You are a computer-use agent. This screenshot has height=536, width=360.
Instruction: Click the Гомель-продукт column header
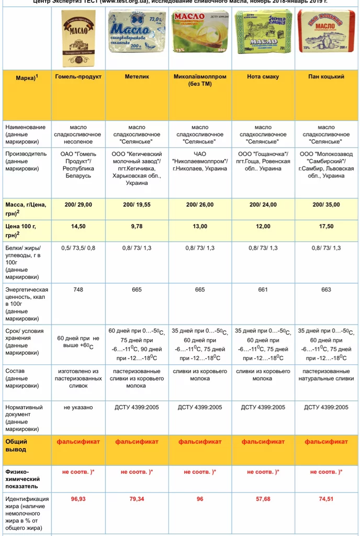click(78, 76)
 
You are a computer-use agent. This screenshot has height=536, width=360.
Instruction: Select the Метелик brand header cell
click(137, 76)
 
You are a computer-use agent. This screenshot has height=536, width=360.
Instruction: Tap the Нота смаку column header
click(263, 76)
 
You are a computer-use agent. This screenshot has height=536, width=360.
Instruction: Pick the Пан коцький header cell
click(326, 76)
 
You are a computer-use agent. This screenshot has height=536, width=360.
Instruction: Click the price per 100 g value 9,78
click(137, 227)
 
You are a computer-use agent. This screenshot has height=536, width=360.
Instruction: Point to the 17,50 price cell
click(326, 227)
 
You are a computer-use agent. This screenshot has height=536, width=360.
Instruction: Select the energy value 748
click(78, 290)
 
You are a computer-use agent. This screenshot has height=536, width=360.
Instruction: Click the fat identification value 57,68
click(263, 499)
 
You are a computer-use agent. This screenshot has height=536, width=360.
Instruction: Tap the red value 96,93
click(78, 499)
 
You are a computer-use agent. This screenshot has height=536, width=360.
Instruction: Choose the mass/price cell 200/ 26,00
click(199, 205)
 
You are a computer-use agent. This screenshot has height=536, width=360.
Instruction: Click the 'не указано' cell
click(78, 407)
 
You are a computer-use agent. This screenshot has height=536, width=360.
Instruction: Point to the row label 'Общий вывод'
click(16, 445)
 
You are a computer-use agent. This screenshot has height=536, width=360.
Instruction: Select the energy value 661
click(263, 290)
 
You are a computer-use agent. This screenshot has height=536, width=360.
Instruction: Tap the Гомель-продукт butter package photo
click(78, 38)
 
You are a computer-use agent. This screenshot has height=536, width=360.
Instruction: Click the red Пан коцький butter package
click(326, 31)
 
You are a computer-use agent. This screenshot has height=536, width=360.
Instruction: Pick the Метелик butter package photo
click(137, 32)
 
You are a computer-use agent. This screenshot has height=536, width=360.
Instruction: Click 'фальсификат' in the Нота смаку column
click(263, 442)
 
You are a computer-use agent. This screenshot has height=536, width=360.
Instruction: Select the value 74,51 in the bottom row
click(326, 499)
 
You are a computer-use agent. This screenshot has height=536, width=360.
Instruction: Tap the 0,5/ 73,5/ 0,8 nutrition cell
click(78, 248)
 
